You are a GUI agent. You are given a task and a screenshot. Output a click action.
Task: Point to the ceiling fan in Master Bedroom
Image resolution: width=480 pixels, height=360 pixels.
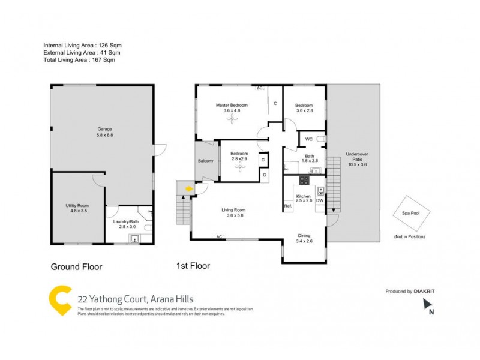point(232,119)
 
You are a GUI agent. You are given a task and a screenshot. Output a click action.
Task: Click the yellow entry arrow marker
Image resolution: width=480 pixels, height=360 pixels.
point(189,189)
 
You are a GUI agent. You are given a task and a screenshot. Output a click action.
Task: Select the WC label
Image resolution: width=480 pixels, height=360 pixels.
point(308,140)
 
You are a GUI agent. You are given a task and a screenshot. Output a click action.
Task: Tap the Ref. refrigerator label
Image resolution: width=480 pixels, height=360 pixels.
point(287,207)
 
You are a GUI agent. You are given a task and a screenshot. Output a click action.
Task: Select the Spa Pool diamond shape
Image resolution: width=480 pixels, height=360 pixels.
point(409,212)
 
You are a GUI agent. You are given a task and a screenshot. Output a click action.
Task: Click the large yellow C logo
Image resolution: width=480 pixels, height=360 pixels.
point(60,300)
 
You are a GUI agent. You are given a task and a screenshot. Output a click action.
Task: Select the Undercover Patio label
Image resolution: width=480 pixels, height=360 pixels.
point(356,158)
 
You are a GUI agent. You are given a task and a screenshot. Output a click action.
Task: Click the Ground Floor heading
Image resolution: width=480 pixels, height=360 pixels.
point(76,267)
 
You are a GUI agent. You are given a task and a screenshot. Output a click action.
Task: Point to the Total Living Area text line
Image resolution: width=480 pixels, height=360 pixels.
point(79,60)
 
